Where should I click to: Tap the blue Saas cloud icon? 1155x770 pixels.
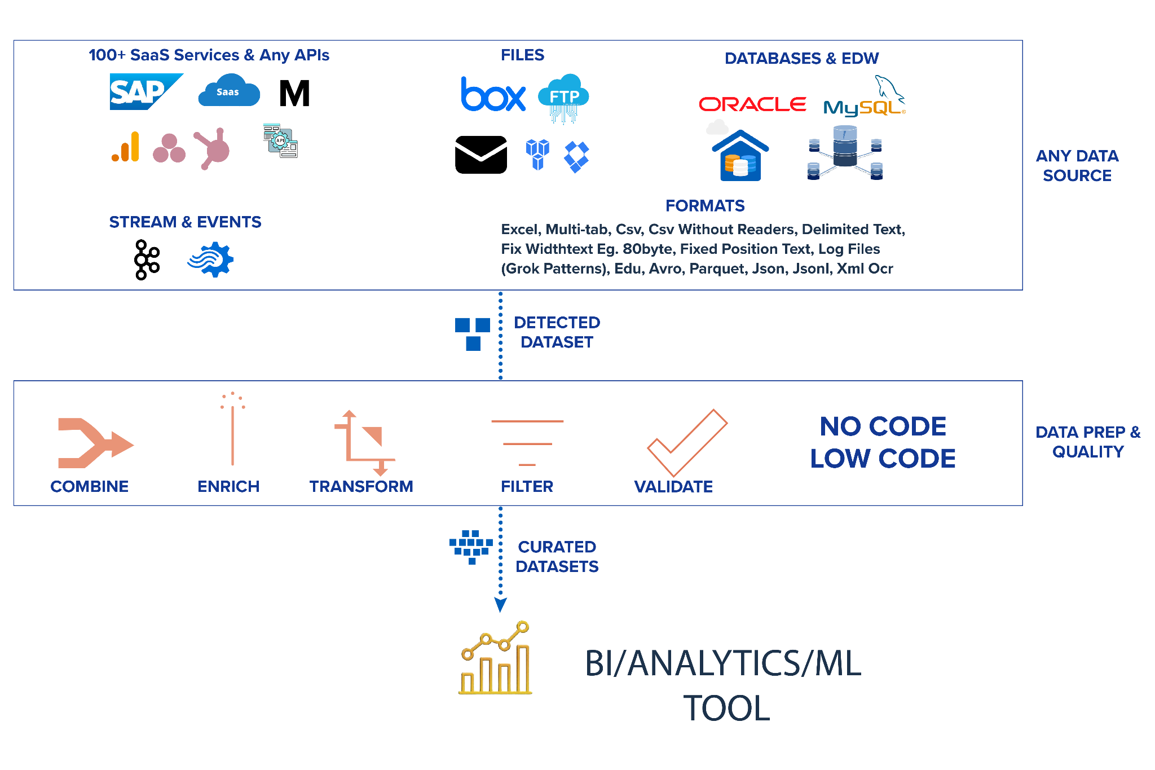point(229,92)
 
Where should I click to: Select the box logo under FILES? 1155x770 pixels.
point(493,94)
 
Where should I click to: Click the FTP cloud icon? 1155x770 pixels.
point(563,97)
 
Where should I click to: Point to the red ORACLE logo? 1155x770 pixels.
point(752,104)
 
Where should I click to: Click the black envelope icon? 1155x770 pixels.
point(481,154)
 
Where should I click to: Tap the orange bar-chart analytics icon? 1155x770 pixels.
point(126,147)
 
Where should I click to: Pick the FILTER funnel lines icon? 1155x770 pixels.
point(527,443)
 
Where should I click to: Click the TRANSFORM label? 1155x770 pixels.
point(362,486)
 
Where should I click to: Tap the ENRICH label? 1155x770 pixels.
point(228,486)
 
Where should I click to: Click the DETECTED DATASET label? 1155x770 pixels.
point(557,332)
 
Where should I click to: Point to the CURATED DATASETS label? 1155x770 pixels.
point(557,557)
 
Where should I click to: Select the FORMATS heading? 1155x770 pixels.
point(705,206)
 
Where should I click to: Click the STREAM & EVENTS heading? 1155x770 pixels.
point(185,222)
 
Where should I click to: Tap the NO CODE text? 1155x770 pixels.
point(883,426)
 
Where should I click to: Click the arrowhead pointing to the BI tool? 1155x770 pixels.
point(500,605)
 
